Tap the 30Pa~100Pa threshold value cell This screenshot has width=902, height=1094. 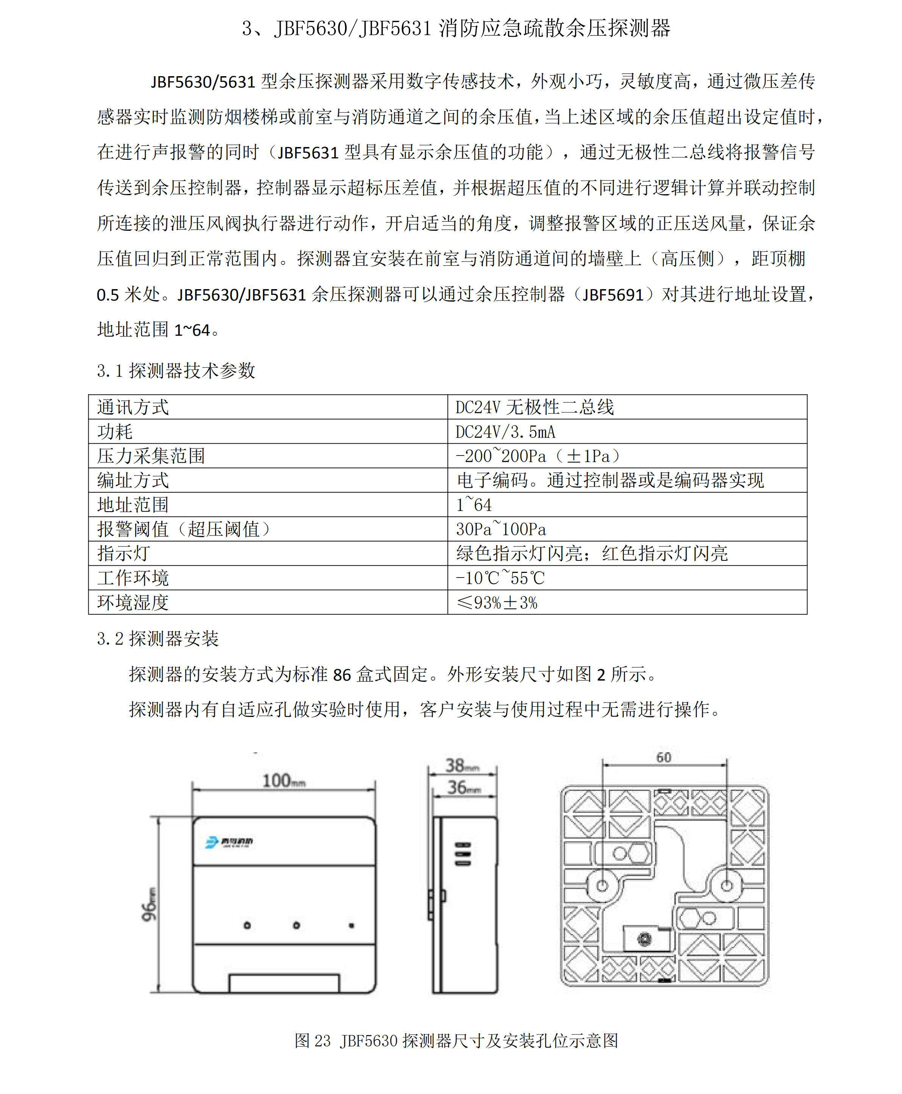[501, 529]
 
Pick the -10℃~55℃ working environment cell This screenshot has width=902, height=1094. [500, 578]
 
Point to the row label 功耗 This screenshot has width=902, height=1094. [115, 431]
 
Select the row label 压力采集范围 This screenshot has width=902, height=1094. [151, 456]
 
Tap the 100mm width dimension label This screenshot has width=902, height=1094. [283, 780]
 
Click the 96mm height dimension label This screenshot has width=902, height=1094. [149, 904]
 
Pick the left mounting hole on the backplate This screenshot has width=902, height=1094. [602, 886]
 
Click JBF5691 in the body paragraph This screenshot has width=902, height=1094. [613, 295]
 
